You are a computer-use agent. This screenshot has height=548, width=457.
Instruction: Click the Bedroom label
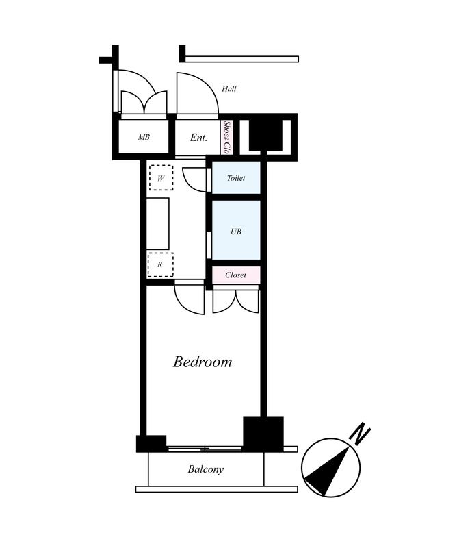pyautogui.click(x=203, y=362)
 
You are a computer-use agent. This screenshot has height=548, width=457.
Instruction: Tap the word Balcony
pyautogui.click(x=206, y=469)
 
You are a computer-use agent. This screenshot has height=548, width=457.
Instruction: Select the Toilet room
pyautogui.click(x=236, y=177)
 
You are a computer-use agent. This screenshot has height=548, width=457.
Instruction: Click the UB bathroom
pyautogui.click(x=236, y=230)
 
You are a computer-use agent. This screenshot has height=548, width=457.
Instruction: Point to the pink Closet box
pyautogui.click(x=236, y=275)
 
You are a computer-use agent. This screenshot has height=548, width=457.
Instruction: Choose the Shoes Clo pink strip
pyautogui.click(x=227, y=137)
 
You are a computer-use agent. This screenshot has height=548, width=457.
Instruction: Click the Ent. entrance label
pyautogui.click(x=198, y=138)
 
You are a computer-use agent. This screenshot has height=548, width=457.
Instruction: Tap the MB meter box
pyautogui.click(x=144, y=136)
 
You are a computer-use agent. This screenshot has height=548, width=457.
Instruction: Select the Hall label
pyautogui.click(x=229, y=89)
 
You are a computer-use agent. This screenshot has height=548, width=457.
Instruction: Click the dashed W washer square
pyautogui.click(x=161, y=178)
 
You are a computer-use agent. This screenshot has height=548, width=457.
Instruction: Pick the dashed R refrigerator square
pyautogui.click(x=160, y=264)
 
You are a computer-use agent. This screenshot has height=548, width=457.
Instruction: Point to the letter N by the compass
pyautogui.click(x=360, y=434)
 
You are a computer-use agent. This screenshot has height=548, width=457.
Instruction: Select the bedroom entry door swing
pyautogui.click(x=189, y=299)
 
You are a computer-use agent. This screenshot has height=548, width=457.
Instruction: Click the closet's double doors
pyautogui.click(x=235, y=301)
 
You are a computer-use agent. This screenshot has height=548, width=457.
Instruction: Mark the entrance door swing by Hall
pyautogui.click(x=197, y=93)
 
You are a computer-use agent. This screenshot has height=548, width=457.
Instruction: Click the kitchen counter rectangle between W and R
pyautogui.click(x=158, y=224)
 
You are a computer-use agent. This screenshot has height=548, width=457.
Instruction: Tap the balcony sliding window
pyautogui.click(x=205, y=449)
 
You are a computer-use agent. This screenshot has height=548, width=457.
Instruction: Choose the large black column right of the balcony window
pyautogui.click(x=263, y=434)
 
